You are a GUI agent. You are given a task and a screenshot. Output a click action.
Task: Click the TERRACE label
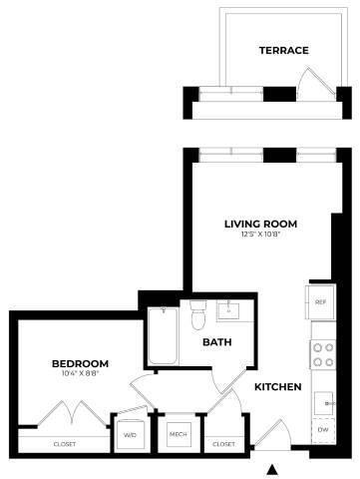point(283,50)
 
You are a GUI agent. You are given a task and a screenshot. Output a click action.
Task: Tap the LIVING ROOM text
point(260,224)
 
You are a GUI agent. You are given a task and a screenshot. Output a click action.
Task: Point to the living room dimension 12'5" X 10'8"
point(260,236)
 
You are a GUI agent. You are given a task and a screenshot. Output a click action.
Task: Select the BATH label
point(217,342)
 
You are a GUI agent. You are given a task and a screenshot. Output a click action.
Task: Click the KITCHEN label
point(277,387)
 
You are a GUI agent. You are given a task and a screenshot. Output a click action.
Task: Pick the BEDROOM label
point(80,363)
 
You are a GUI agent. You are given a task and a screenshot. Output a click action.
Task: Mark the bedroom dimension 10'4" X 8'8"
point(80,374)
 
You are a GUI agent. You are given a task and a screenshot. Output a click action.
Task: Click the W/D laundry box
point(130,435)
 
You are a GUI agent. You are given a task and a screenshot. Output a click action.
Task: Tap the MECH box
point(178,435)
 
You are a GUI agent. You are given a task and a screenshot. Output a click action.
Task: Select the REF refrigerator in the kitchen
point(321,301)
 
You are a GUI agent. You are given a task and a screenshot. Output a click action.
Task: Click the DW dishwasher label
point(321,431)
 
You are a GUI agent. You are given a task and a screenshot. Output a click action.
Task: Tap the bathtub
point(162,337)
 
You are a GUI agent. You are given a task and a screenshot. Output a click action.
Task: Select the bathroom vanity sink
point(230,310)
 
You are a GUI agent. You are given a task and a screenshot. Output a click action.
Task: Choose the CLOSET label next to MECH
point(223,444)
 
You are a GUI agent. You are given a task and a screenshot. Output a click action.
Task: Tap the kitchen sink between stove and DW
point(322,400)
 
